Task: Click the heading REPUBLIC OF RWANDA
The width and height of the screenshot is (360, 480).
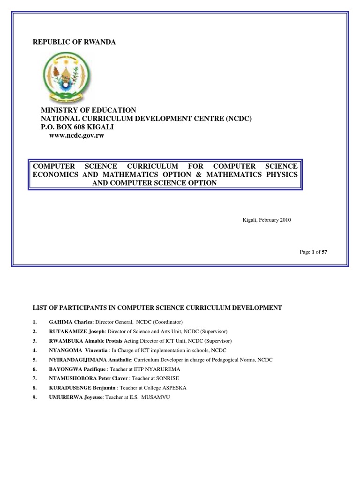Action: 74,42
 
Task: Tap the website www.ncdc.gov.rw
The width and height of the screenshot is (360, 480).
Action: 76,135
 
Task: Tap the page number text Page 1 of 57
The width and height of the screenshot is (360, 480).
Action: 313,252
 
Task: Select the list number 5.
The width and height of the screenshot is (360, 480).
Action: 34,360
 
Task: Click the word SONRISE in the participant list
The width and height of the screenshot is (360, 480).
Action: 169,378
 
